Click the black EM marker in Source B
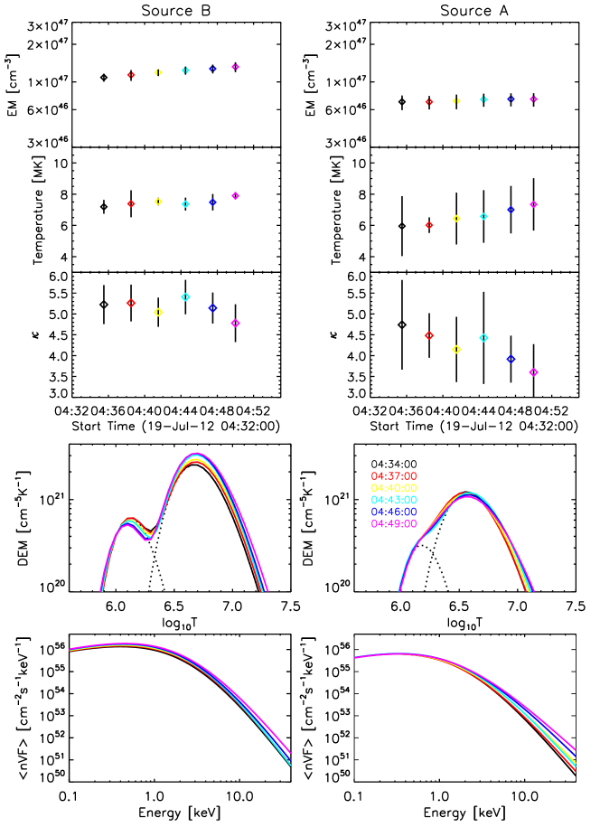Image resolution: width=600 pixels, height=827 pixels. (x=104, y=78)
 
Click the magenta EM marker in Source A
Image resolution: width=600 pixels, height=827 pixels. (x=533, y=99)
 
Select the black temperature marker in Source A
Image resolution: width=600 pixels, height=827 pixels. (x=402, y=225)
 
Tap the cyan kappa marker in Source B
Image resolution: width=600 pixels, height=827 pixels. (x=185, y=296)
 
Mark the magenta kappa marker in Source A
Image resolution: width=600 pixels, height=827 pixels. (x=533, y=372)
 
